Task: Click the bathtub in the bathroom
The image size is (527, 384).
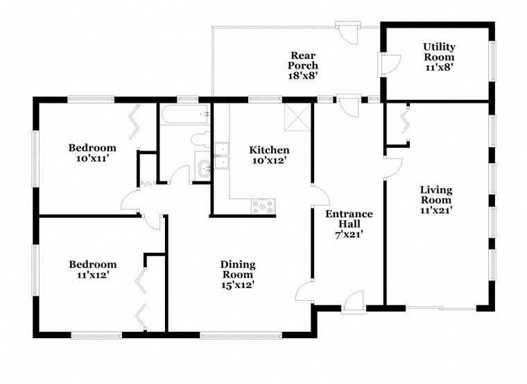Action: click(184, 114)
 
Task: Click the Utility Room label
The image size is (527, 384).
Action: click(439, 52)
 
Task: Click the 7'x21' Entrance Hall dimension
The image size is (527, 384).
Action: click(349, 235)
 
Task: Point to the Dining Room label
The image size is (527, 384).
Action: click(238, 269)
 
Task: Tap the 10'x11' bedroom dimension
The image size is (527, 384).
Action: click(92, 159)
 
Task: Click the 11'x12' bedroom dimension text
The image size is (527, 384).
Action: click(92, 275)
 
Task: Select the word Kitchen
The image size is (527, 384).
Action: click(269, 150)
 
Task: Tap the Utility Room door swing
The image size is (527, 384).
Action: click(388, 64)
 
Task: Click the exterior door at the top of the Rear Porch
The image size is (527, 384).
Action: click(345, 32)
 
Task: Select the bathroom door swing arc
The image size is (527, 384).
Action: click(179, 174)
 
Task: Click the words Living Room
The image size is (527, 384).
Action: click(436, 195)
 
